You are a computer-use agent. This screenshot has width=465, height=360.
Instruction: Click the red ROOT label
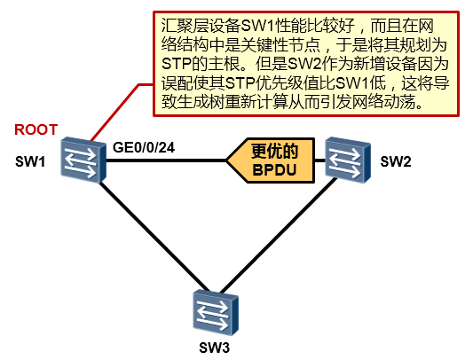tap(35, 129)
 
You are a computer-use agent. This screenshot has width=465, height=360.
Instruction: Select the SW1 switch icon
tap(83, 160)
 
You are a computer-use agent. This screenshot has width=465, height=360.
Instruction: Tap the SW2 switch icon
tap(348, 160)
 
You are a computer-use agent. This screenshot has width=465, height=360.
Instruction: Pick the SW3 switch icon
tap(216, 312)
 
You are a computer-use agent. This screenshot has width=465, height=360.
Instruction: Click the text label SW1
tap(30, 161)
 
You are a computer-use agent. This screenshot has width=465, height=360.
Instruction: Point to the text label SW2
tap(396, 161)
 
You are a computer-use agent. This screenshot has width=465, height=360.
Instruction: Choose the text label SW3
tap(215, 348)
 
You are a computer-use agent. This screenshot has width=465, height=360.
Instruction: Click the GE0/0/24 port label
tap(144, 147)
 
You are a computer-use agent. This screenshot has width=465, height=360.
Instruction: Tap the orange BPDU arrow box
tap(271, 160)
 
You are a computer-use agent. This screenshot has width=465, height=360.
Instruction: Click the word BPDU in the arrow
tap(274, 170)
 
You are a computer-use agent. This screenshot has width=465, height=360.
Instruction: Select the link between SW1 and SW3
tap(154, 237)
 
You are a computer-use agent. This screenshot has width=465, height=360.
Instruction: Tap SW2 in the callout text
tap(305, 64)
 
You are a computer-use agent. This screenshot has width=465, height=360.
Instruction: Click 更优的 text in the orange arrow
tap(274, 151)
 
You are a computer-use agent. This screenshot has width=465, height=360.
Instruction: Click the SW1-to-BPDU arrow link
tap(167, 160)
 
